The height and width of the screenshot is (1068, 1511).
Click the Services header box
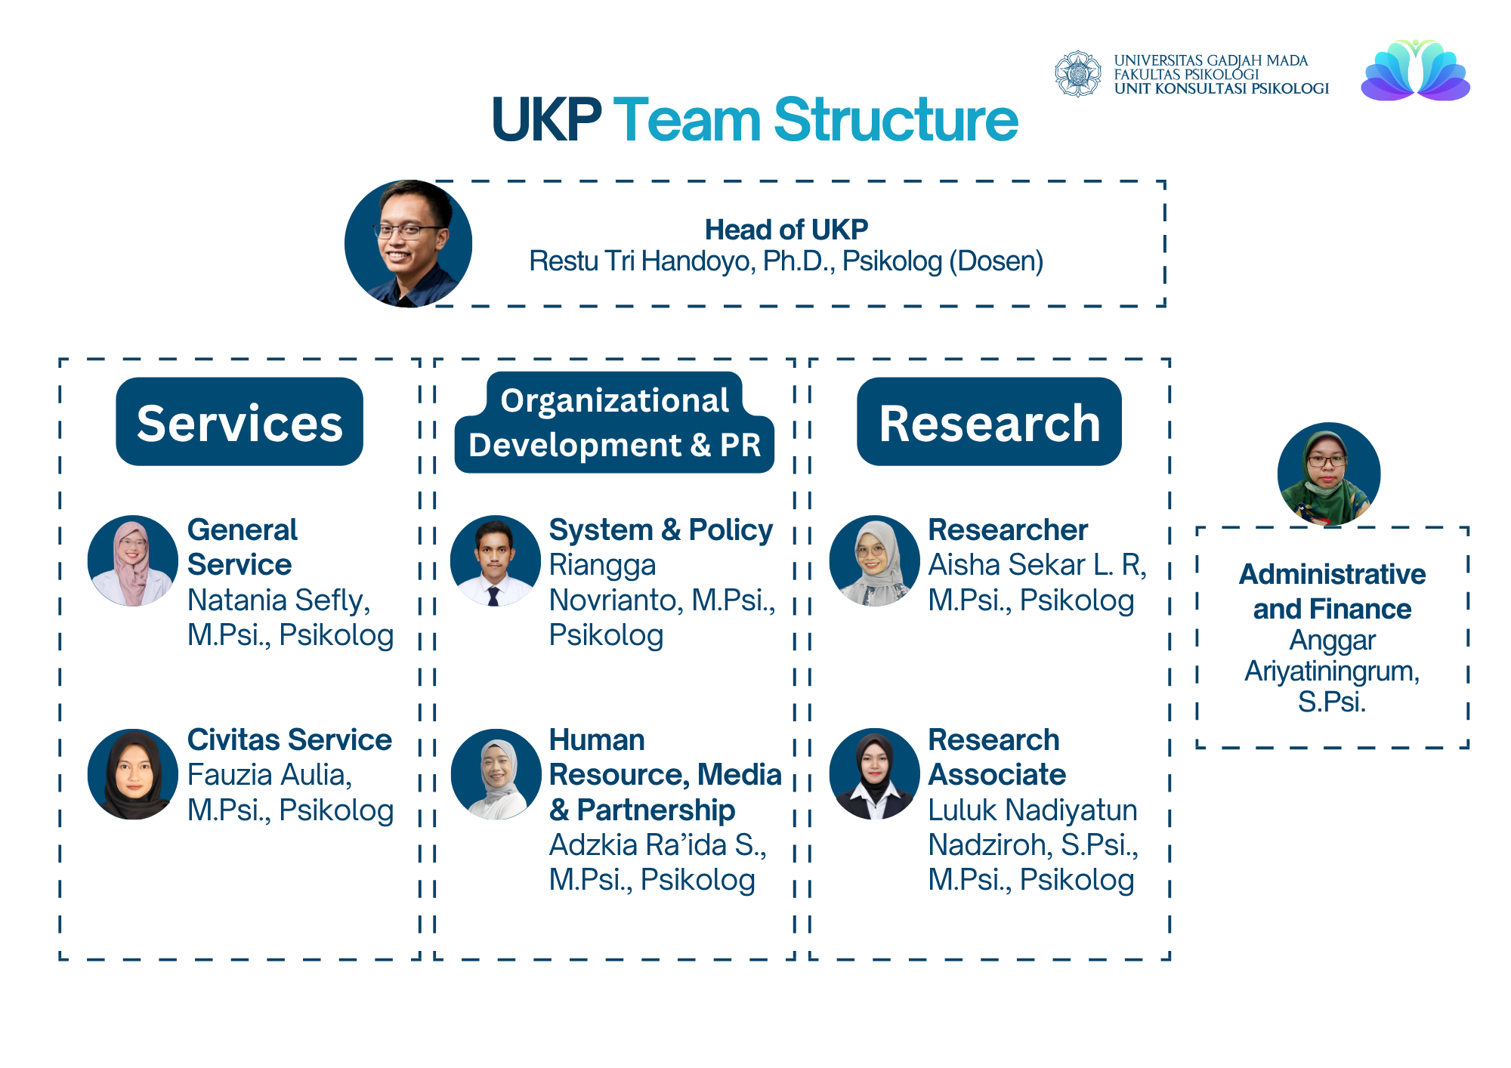(239, 421)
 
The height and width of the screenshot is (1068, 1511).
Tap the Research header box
(989, 421)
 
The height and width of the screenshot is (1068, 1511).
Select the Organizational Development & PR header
(614, 423)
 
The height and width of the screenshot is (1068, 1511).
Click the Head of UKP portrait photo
(409, 243)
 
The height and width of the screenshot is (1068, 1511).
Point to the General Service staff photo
(133, 560)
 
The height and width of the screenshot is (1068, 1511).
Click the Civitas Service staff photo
(133, 774)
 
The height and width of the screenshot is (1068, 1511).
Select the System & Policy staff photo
(496, 560)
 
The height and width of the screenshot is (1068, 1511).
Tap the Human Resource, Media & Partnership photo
(496, 774)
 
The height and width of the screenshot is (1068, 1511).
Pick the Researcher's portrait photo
(875, 560)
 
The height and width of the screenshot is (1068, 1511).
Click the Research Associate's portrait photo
(875, 774)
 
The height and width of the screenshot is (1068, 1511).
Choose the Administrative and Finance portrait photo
(1329, 474)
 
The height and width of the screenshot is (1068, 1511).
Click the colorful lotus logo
(1415, 70)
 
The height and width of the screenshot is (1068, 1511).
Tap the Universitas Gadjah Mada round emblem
(1078, 74)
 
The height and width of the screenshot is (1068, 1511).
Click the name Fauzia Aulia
(270, 775)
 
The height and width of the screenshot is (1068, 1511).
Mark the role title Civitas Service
(289, 739)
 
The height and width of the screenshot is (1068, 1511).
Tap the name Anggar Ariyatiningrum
(1332, 656)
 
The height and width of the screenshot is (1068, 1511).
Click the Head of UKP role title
(786, 229)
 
